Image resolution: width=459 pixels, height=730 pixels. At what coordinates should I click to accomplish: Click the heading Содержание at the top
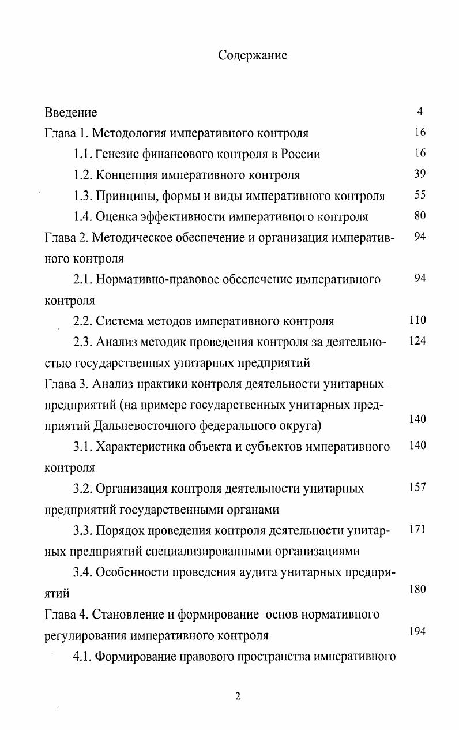[253, 55]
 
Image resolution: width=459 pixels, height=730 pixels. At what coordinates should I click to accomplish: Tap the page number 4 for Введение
[420, 111]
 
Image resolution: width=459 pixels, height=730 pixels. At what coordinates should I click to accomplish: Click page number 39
[420, 174]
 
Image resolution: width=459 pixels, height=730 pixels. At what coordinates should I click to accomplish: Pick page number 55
[420, 195]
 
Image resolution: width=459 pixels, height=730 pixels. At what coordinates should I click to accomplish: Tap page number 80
[420, 216]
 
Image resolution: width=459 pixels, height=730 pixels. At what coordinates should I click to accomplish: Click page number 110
[417, 320]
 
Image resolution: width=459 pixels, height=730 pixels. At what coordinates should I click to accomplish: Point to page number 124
[417, 340]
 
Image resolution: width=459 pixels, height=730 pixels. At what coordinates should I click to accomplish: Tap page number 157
[417, 487]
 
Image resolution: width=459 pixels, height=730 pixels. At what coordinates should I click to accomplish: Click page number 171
[417, 529]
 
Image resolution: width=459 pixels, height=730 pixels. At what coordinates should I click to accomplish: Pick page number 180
[417, 590]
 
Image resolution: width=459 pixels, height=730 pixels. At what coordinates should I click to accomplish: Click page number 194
[417, 631]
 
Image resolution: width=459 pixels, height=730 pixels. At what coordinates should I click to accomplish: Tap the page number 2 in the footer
[237, 697]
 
